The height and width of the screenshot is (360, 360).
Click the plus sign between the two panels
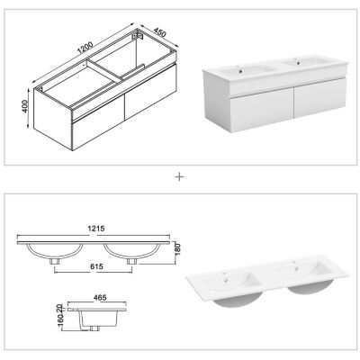[179, 176]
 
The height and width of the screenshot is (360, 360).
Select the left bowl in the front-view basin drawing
[56, 252]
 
